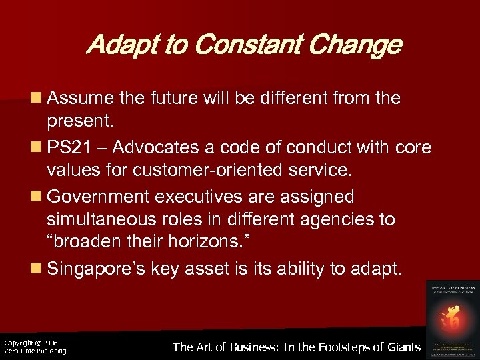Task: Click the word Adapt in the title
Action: [117, 45]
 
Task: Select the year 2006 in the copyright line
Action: [51, 342]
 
